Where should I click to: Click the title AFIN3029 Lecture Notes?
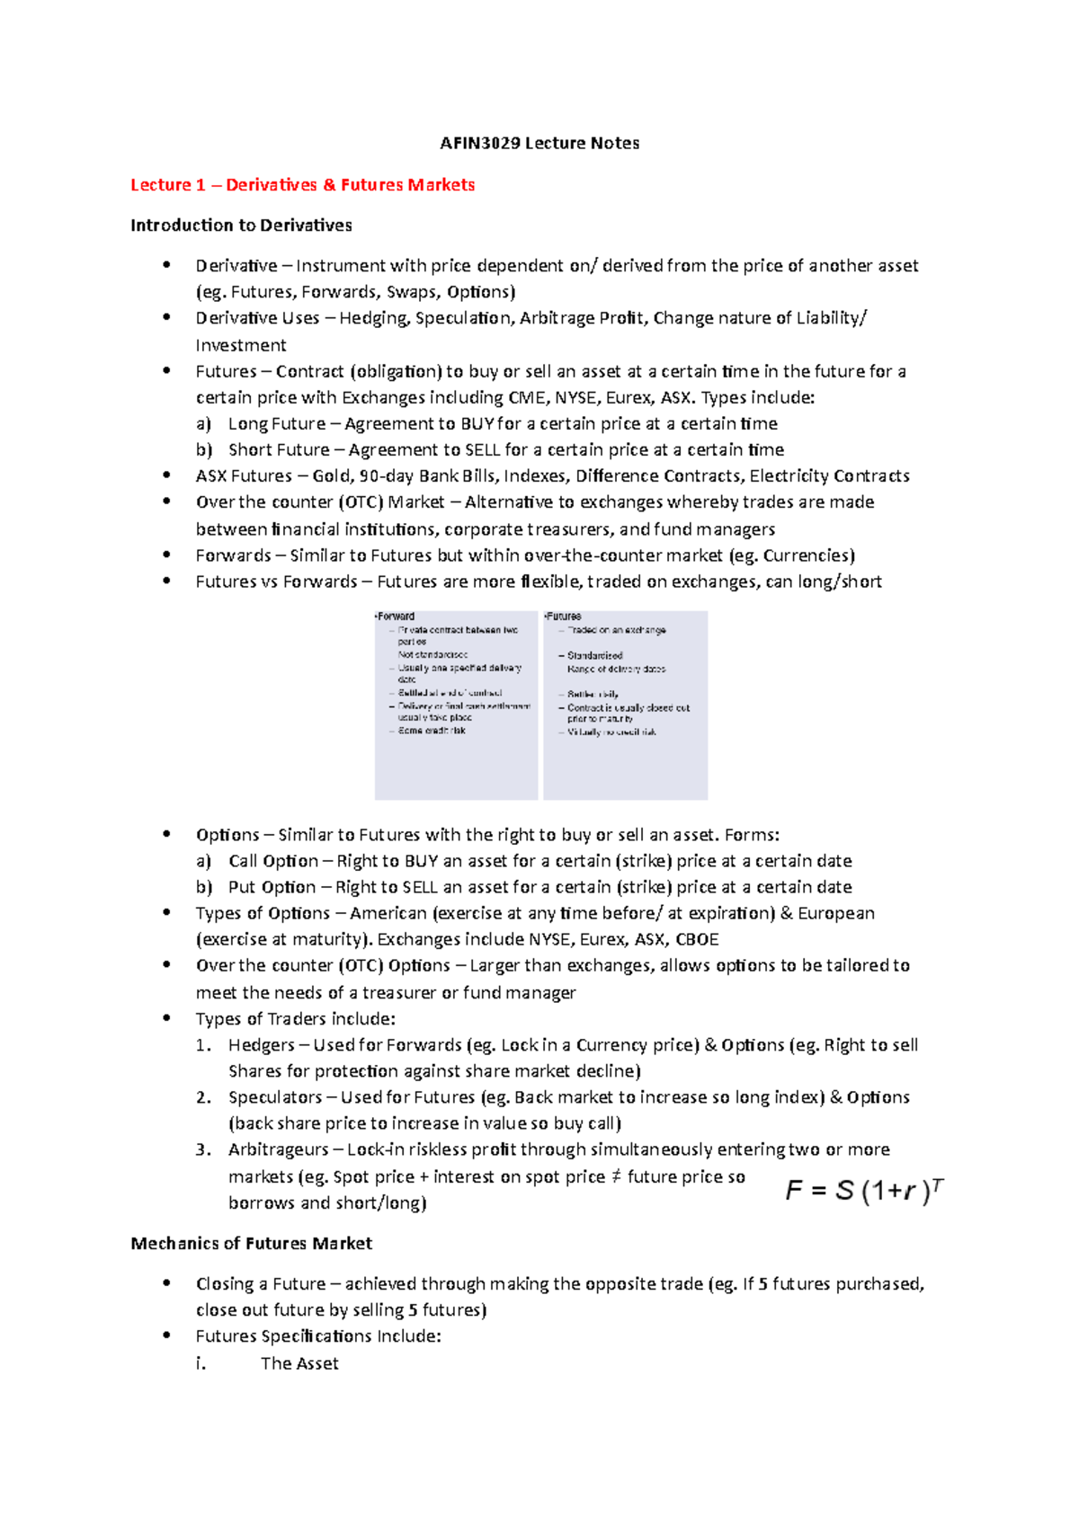539,143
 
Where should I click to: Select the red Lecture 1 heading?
302,185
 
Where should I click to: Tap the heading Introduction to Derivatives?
241,226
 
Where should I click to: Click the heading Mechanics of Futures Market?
251,1244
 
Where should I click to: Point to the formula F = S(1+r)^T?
864,1191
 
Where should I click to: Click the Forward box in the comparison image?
456,705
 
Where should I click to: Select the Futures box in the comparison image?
625,705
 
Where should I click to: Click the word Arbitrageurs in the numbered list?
278,1149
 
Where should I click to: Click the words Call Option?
272,861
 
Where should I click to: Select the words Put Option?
272,887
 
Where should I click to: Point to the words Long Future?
276,424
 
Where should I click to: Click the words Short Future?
279,450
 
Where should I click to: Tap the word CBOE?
697,940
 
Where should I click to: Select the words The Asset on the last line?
299,1363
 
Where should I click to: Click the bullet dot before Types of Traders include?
166,1018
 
